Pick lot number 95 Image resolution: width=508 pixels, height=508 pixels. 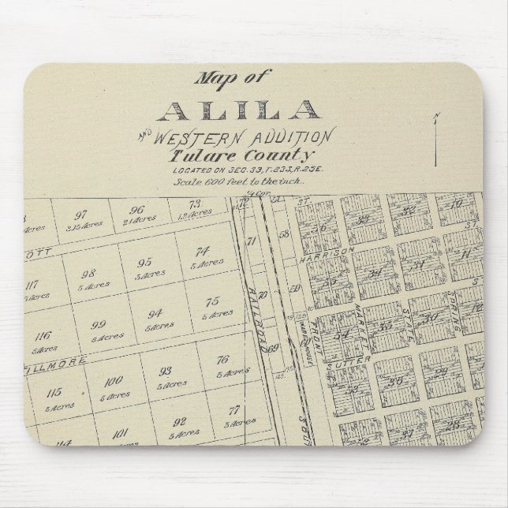click(144, 262)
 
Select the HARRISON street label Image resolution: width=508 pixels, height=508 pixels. click(325, 255)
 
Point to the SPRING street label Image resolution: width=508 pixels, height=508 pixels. click(453, 316)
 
